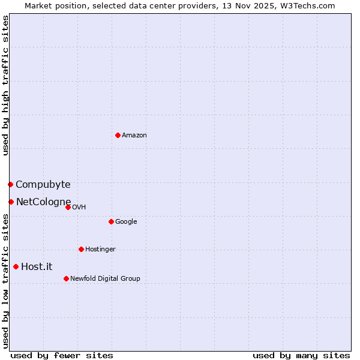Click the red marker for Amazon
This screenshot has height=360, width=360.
click(x=118, y=135)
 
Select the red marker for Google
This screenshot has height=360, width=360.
click(x=111, y=221)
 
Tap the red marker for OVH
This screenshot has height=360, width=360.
click(x=68, y=207)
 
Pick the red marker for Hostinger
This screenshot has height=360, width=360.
click(x=81, y=249)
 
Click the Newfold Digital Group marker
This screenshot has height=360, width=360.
click(x=66, y=278)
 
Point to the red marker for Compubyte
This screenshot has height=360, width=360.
click(x=10, y=184)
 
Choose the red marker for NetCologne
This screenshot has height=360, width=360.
click(x=11, y=202)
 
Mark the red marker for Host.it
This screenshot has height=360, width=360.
click(x=16, y=266)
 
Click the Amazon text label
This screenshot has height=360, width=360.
click(x=134, y=136)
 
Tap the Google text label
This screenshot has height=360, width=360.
click(x=126, y=222)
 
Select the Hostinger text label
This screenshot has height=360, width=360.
click(x=100, y=250)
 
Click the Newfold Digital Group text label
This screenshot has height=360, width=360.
click(x=105, y=279)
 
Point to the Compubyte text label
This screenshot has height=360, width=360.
click(x=43, y=185)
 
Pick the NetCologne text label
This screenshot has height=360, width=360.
click(x=44, y=202)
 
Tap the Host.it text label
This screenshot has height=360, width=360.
click(x=37, y=267)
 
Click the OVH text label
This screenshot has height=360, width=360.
click(x=79, y=208)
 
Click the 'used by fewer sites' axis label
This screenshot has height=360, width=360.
click(x=62, y=355)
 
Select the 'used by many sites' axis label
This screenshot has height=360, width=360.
click(x=301, y=355)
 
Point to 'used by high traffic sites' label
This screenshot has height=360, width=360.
click(x=5, y=85)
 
